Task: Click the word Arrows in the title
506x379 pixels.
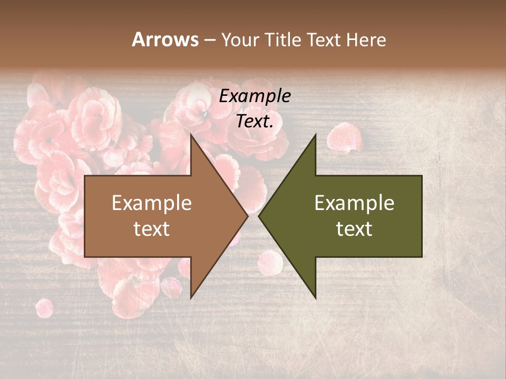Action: tap(165, 39)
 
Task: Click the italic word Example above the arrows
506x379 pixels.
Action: tap(255, 96)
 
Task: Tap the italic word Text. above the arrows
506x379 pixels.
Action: tap(255, 121)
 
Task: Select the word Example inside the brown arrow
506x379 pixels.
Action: tap(151, 203)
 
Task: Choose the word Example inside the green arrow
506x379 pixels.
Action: tap(354, 203)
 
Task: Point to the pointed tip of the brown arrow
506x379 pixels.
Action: tap(248, 216)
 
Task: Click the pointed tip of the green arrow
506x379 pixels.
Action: tap(259, 216)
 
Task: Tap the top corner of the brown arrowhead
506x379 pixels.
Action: tap(191, 135)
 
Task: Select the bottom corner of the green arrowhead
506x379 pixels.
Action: tap(316, 298)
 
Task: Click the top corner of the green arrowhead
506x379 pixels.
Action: tap(316, 135)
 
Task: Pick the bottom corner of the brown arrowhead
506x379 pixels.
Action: tap(191, 298)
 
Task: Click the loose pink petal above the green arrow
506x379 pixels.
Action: tap(343, 137)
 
